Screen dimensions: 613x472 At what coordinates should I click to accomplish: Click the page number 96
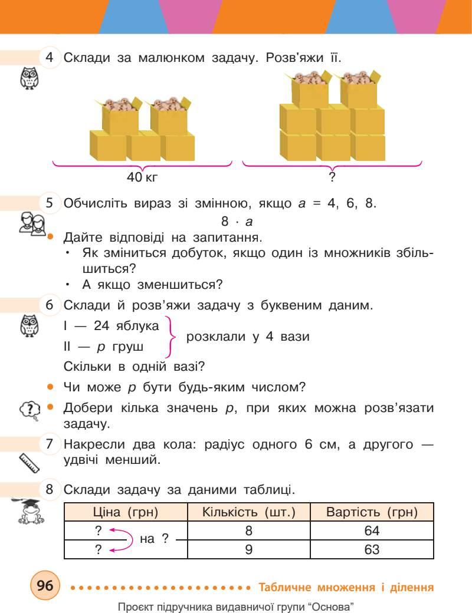[x=45, y=586]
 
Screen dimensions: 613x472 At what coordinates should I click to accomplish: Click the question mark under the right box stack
[x=332, y=176]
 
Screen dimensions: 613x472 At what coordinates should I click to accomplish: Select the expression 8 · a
[x=237, y=222]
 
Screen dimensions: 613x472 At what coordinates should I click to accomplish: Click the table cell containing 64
[x=372, y=531]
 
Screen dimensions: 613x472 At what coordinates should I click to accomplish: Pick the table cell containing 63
[x=372, y=550]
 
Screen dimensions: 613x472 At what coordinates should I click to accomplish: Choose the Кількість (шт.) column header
[x=248, y=512]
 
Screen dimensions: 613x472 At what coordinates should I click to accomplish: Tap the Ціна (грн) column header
[x=126, y=512]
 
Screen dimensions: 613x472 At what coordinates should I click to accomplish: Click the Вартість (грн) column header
[x=372, y=512]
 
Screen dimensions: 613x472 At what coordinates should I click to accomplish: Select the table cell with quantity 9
[x=248, y=550]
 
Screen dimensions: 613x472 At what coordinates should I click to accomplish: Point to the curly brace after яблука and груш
[x=171, y=337]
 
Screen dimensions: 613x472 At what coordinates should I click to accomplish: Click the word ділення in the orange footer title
[x=411, y=587]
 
